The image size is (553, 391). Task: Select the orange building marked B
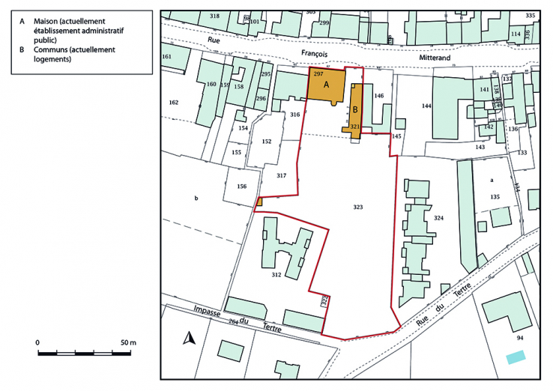(356, 109)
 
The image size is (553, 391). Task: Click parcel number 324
(438, 218)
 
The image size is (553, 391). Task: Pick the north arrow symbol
(190, 339)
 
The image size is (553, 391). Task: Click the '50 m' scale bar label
(128, 342)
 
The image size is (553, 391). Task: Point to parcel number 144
(426, 106)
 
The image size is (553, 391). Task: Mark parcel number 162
(174, 102)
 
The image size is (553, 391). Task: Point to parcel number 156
(241, 187)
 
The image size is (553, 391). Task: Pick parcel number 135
(495, 196)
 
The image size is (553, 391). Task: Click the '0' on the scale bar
(37, 342)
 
